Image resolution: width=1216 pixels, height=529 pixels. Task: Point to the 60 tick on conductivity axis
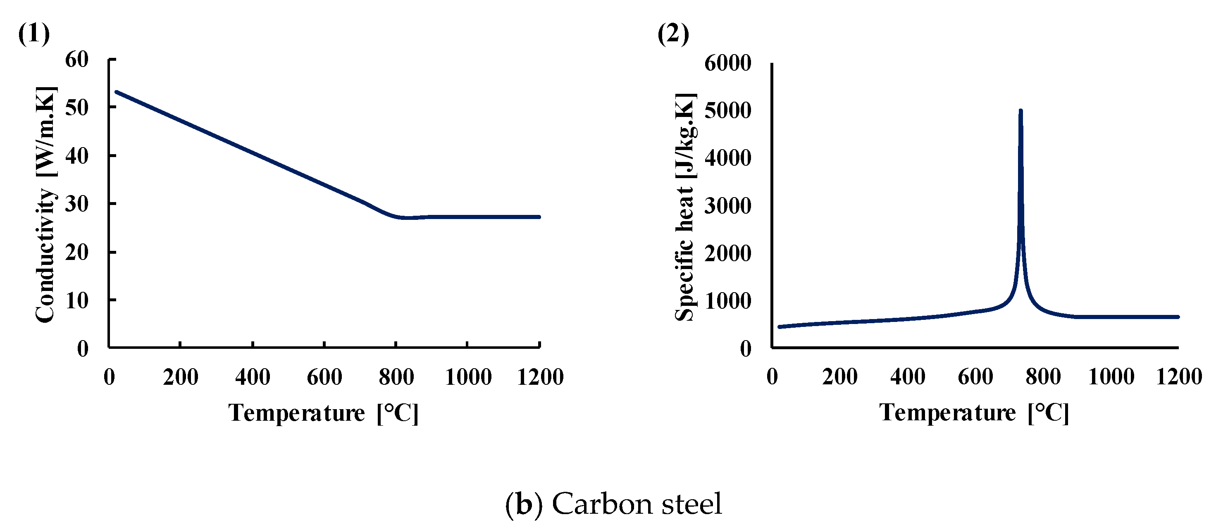[x=77, y=60]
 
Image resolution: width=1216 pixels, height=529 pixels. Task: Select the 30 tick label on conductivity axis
[x=77, y=204]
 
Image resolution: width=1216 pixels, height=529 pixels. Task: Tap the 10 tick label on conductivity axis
[x=77, y=300]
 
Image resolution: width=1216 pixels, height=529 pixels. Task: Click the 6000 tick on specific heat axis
[x=727, y=63]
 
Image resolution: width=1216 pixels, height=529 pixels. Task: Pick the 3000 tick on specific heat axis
[x=727, y=206]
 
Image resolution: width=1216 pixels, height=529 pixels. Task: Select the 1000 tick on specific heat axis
[x=727, y=300]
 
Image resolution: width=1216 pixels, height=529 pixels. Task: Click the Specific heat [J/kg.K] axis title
[x=685, y=207]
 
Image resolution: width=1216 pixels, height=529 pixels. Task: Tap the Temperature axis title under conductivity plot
[x=323, y=413]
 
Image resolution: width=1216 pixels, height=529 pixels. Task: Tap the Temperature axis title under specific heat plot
[x=973, y=413]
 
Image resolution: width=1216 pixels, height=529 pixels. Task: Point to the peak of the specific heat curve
[x=1020, y=111]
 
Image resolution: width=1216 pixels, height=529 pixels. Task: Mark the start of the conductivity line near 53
[x=117, y=92]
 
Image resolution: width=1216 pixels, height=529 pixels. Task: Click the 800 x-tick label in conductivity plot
[x=396, y=377]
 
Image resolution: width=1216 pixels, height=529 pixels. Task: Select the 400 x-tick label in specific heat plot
[x=907, y=377]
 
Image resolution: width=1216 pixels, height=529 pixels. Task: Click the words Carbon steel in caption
[x=637, y=504]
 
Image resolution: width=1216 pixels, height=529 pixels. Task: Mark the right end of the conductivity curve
[x=539, y=217]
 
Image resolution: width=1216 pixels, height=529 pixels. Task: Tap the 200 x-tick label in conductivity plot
[x=180, y=377]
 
